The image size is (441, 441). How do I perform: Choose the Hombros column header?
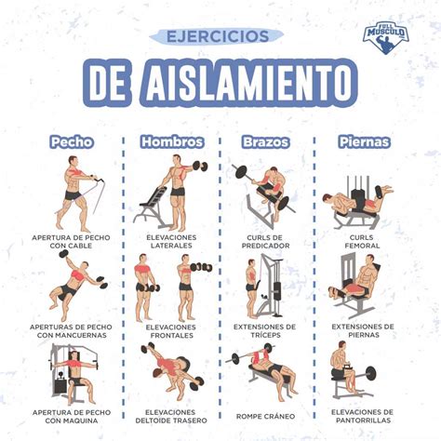pyautogui.click(x=171, y=142)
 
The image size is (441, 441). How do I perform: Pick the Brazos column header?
pyautogui.click(x=266, y=142)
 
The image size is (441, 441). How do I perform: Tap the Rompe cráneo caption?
pyautogui.click(x=266, y=415)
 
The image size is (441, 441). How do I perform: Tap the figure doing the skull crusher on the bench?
pyautogui.click(x=269, y=372)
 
